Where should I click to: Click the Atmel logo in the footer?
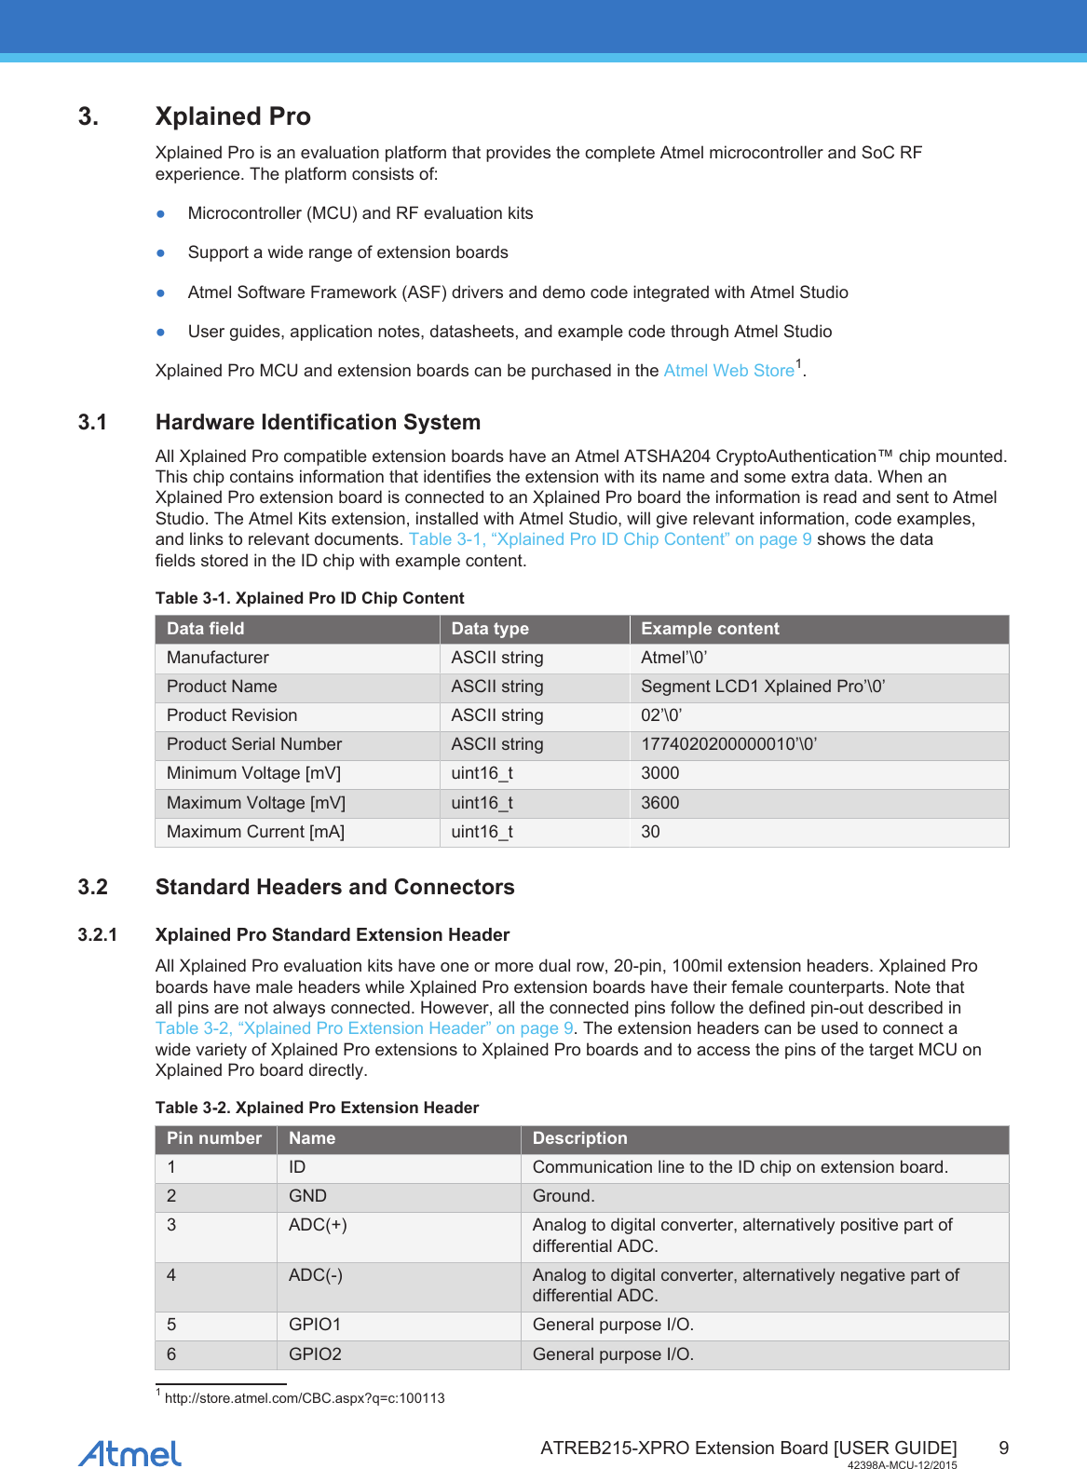coord(129,1453)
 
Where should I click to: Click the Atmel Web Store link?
coord(728,371)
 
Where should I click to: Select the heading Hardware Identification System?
coord(318,422)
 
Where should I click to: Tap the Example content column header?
coord(710,629)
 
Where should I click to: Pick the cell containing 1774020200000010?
coord(728,744)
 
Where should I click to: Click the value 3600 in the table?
coord(659,803)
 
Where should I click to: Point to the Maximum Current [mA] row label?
coord(255,832)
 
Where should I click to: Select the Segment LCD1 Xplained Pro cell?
coord(762,687)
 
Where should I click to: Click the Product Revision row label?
coord(232,715)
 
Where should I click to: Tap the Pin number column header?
coord(214,1138)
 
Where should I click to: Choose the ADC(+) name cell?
coord(318,1225)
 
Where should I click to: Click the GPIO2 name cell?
coord(315,1354)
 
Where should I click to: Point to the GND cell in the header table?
coord(307,1196)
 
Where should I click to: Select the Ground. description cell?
coord(564,1196)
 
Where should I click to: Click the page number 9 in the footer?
coord(1003,1448)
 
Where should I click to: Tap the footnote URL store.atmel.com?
coord(305,1398)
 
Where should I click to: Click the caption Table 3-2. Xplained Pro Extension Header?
coord(317,1108)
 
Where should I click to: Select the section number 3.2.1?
coord(97,934)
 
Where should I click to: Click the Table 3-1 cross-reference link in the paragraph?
coord(610,539)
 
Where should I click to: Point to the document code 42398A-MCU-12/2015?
coord(902,1465)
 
